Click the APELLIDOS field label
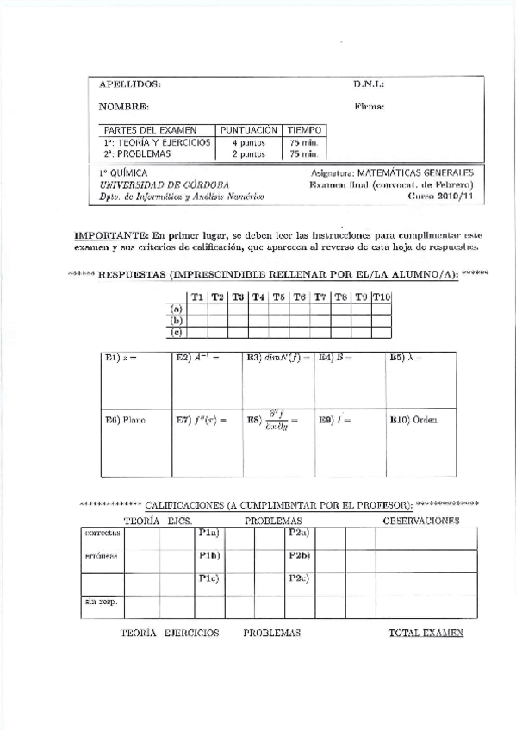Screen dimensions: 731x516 129,84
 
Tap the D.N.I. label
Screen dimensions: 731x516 368,84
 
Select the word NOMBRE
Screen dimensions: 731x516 124,107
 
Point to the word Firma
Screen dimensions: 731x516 369,107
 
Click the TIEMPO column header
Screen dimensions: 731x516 303,129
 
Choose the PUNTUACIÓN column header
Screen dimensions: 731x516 249,129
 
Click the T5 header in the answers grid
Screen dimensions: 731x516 279,297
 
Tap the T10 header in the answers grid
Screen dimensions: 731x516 382,297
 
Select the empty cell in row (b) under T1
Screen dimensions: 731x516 197,319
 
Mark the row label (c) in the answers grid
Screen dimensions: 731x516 177,330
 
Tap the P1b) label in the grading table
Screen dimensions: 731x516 209,554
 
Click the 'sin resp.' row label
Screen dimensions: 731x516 101,601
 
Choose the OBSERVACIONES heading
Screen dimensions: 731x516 420,521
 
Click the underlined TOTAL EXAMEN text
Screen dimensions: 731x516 426,633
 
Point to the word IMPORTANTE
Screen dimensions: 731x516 112,234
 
